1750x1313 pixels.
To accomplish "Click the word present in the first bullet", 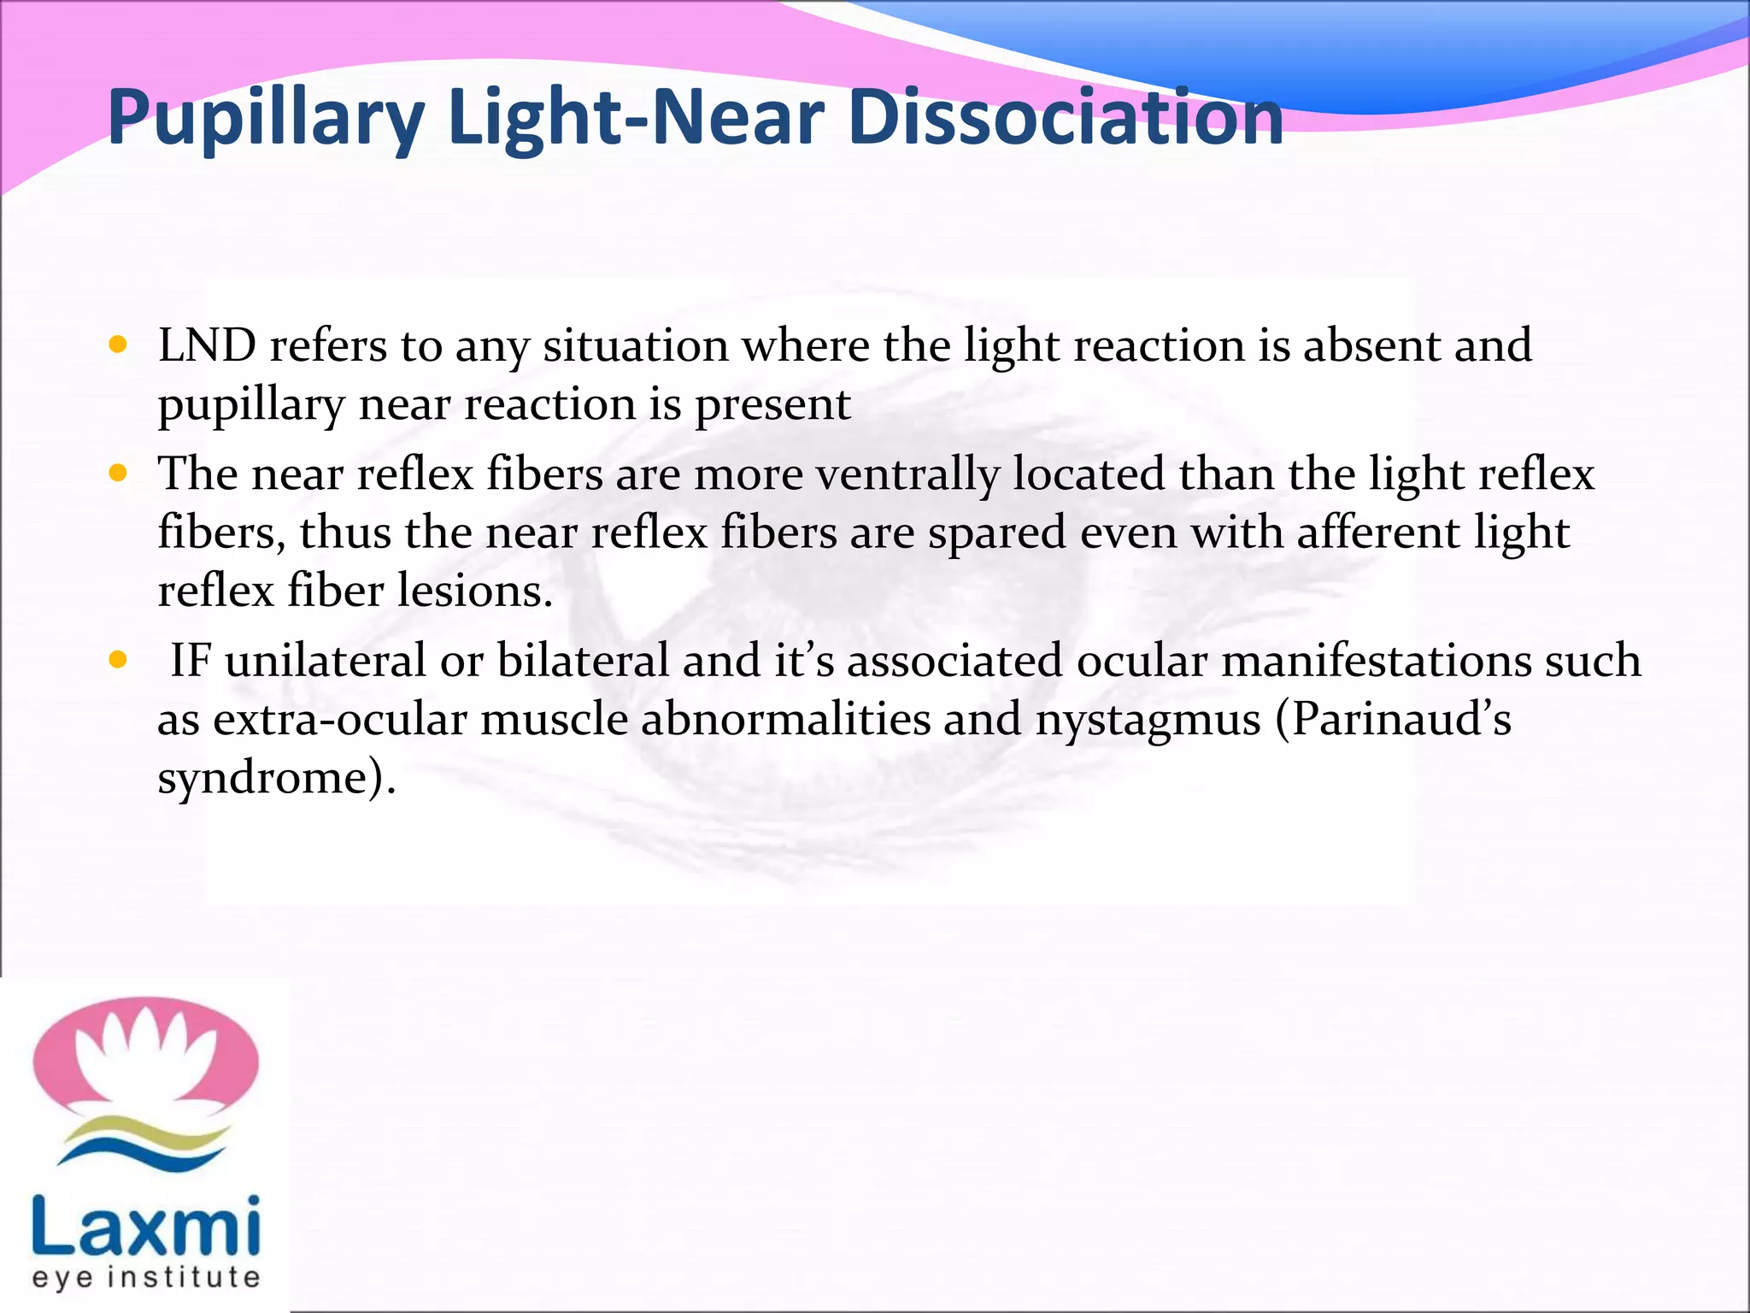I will (x=772, y=404).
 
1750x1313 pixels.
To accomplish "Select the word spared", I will (x=997, y=533).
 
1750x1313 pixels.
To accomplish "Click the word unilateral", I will (x=326, y=661).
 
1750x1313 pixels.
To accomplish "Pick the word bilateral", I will (x=582, y=661).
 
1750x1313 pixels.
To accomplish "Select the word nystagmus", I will (x=1148, y=719).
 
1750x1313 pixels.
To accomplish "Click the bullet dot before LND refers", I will (x=119, y=345).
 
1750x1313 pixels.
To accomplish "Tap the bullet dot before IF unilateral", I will (x=119, y=660).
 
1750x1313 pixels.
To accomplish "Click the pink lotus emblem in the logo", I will (x=145, y=1060).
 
